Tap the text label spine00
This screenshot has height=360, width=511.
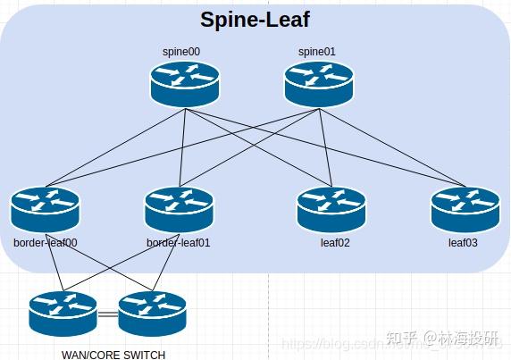pos(183,52)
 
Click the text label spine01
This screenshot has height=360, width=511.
pos(316,52)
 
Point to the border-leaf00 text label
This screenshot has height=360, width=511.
pos(46,242)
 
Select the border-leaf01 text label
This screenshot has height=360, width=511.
pos(179,242)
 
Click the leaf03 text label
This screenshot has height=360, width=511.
pos(465,242)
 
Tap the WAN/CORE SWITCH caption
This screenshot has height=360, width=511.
pos(113,354)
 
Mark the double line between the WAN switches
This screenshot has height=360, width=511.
pos(108,314)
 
